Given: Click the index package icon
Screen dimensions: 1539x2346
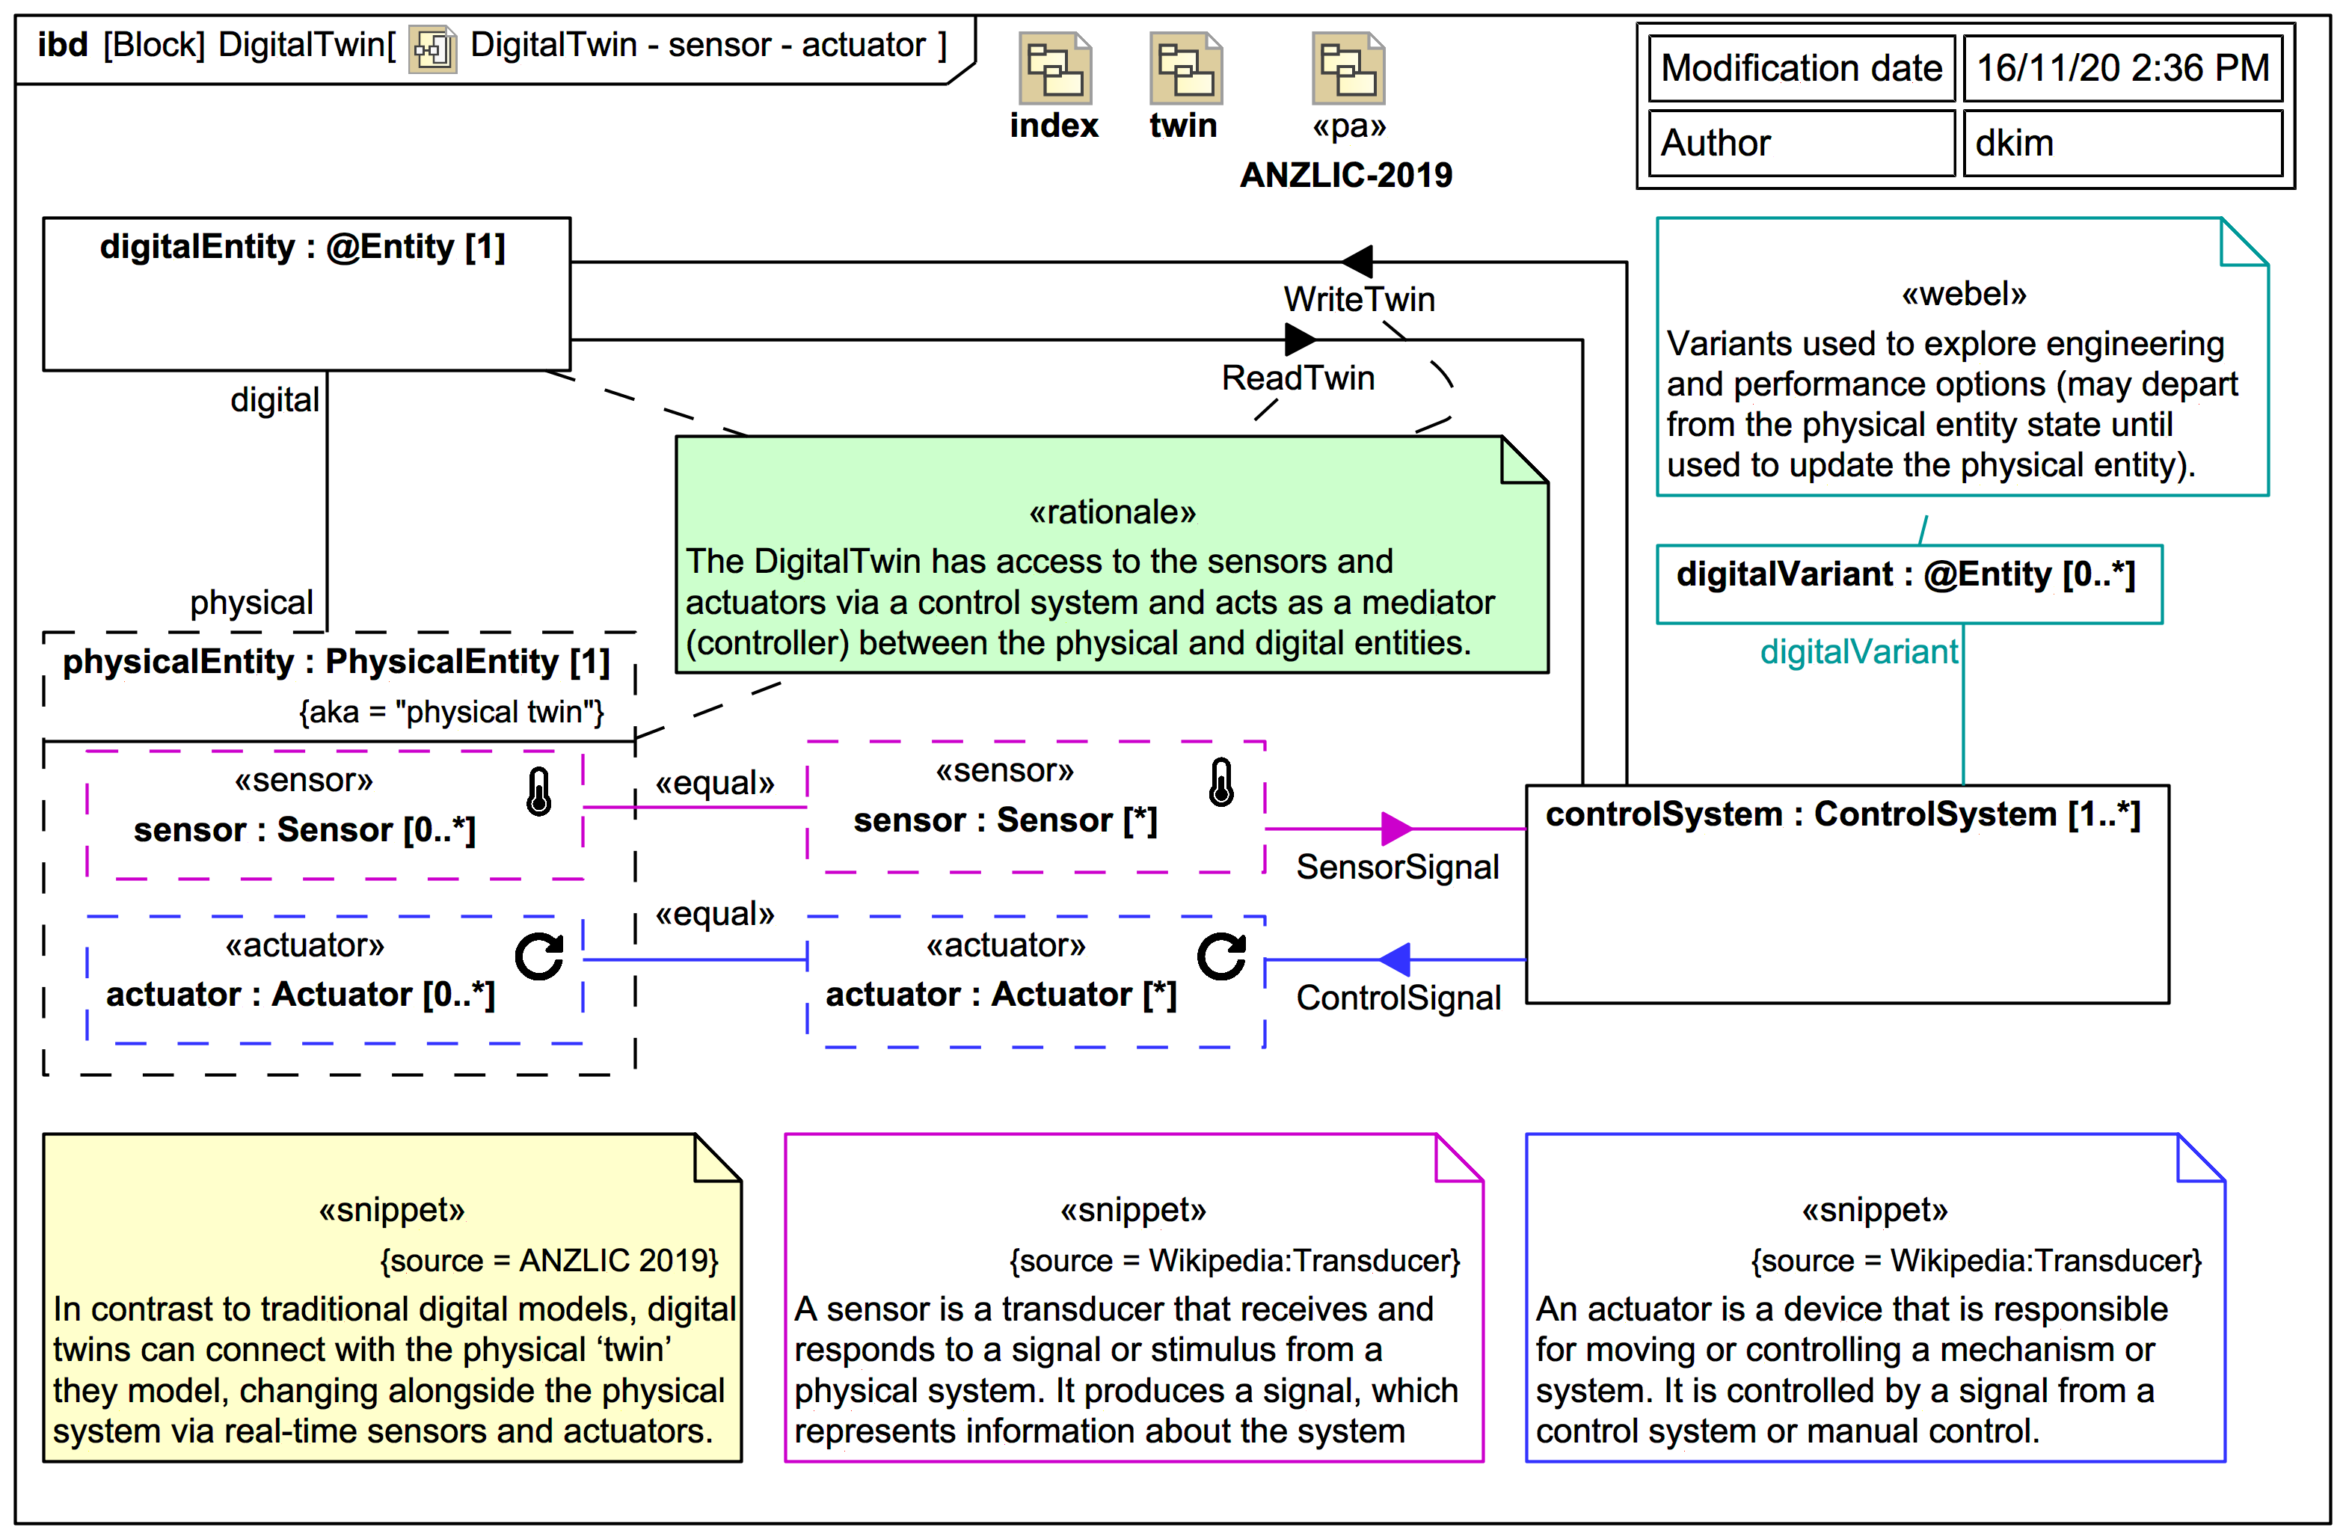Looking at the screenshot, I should pos(1054,69).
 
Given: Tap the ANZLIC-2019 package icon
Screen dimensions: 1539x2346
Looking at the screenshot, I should pos(1348,69).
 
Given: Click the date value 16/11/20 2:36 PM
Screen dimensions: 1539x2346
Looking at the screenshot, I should pos(2122,68).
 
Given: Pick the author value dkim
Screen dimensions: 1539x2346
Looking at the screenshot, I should pos(2014,144).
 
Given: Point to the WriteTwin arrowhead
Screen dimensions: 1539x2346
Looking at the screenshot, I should pos(1357,261).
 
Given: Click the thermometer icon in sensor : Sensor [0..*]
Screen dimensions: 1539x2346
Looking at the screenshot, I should pos(539,792).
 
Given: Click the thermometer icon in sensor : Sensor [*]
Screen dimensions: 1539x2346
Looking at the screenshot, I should pos(1221,783).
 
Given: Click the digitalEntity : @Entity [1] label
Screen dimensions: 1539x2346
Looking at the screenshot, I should pos(303,247).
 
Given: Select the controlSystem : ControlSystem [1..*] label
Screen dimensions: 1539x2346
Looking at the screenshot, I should pos(1842,814).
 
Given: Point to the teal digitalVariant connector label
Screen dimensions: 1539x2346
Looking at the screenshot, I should pos(1858,651).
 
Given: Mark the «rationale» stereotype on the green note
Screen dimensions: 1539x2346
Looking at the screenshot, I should pos(1112,513).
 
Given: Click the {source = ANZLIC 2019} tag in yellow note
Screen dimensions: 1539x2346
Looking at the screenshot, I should pos(549,1260).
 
